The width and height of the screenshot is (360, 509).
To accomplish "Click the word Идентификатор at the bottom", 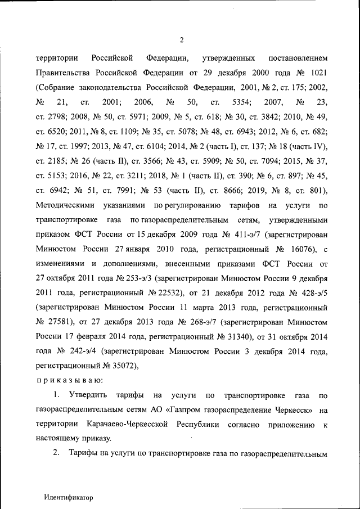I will [68, 498].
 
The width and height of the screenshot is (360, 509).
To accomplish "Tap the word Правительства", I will [61, 73].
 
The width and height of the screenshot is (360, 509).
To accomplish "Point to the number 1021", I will [316, 73].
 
